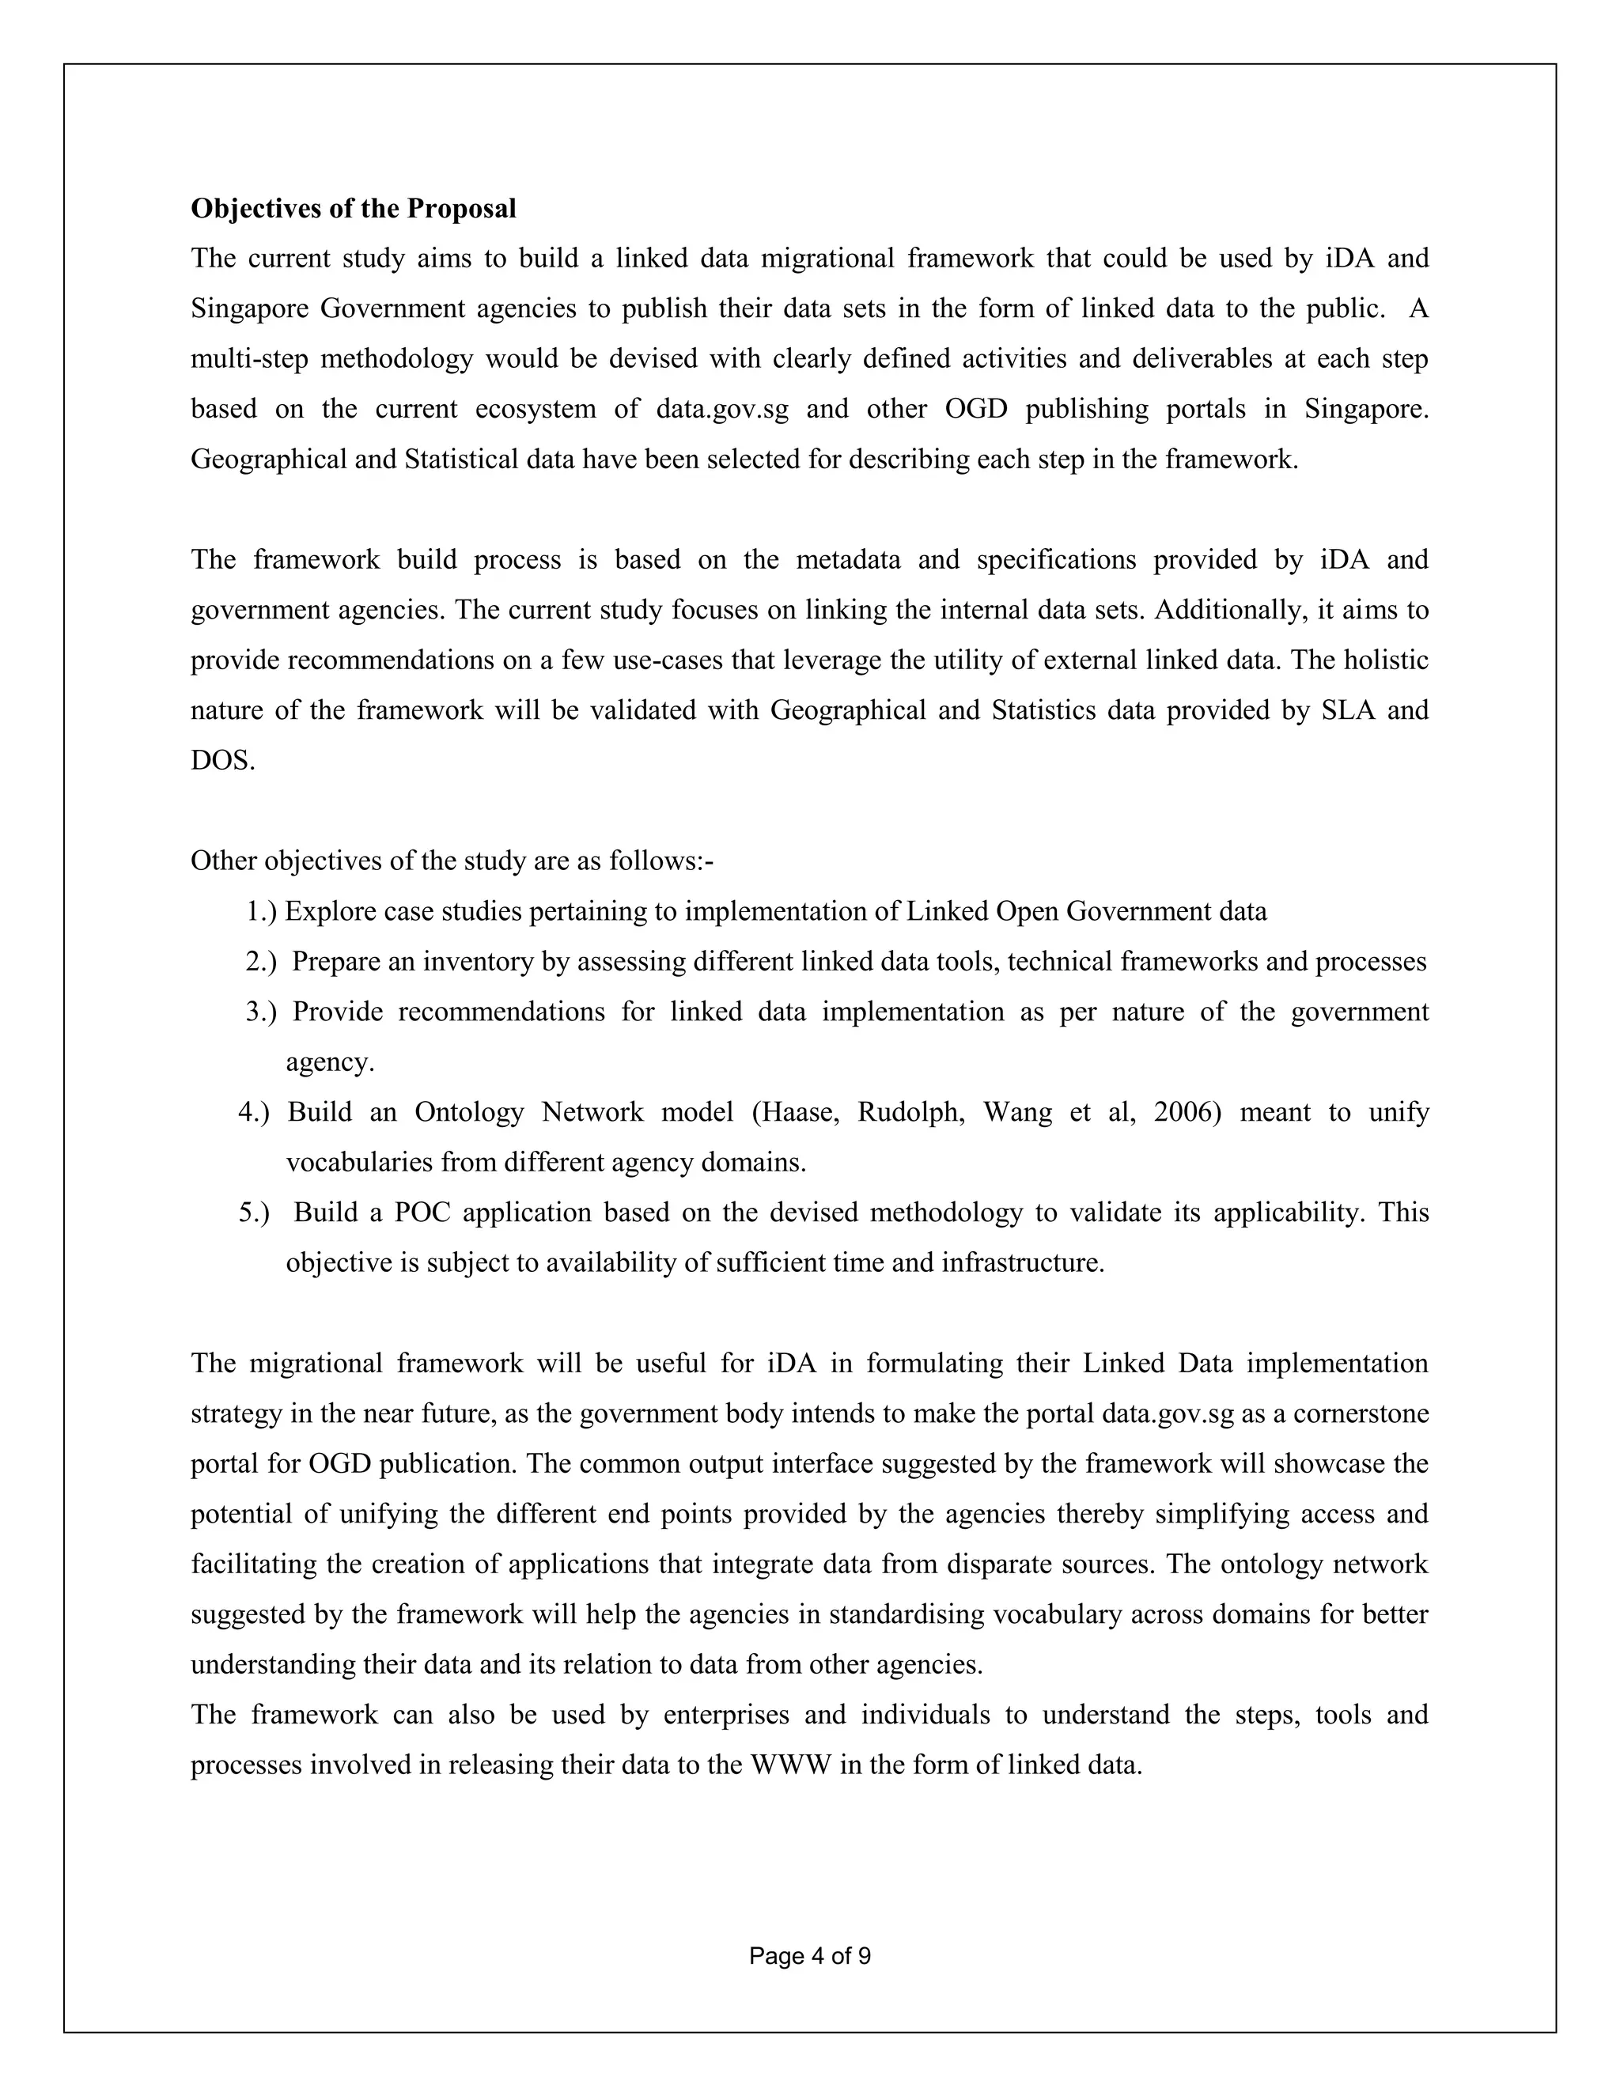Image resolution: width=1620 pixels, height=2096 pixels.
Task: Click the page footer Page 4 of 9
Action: [x=809, y=1956]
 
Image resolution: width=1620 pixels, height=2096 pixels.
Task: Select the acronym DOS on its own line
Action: [x=221, y=761]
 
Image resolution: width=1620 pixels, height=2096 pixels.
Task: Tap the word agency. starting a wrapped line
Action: [x=329, y=1062]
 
